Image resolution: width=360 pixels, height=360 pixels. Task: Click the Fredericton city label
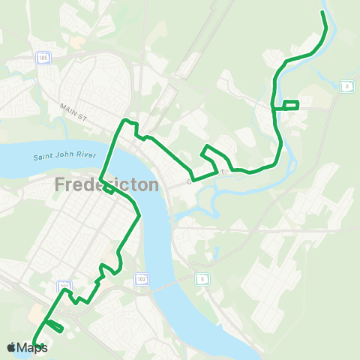[x=106, y=184]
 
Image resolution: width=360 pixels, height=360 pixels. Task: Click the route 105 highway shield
[x=44, y=58]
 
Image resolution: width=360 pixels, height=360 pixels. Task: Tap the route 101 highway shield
[x=64, y=286]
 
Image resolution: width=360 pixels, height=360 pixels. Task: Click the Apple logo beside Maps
[x=11, y=347]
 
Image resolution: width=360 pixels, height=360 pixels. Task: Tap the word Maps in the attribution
[x=32, y=347]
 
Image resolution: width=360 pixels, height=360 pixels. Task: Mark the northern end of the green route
[x=322, y=13]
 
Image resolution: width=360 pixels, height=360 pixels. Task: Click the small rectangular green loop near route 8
[x=291, y=104]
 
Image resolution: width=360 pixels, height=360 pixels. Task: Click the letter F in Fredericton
[x=60, y=184]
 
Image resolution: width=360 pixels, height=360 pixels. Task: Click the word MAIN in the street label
[x=68, y=108]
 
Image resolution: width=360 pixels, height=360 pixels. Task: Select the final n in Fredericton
[x=153, y=184]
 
